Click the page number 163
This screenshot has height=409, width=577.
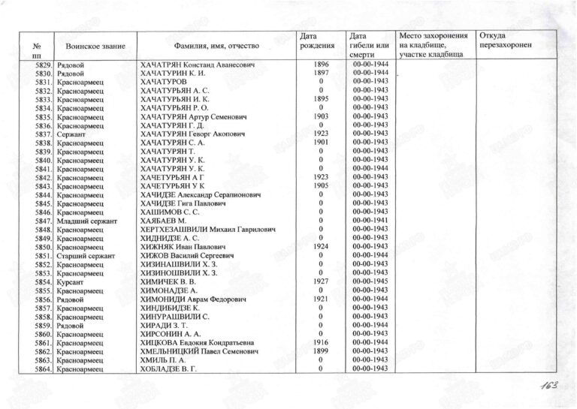click(x=548, y=387)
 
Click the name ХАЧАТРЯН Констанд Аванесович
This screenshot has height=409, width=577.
click(x=194, y=65)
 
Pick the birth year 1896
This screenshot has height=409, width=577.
click(x=321, y=65)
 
